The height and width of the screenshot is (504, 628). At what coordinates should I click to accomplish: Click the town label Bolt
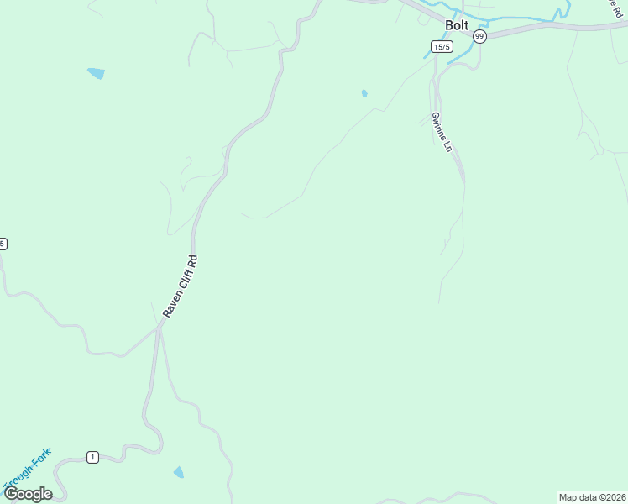(457, 25)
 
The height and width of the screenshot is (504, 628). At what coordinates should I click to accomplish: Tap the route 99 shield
(479, 36)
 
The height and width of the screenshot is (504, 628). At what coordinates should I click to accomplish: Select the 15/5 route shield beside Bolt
(442, 47)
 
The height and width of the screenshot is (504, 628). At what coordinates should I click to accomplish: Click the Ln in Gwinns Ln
(448, 145)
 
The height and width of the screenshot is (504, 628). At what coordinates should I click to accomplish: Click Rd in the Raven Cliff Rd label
(194, 260)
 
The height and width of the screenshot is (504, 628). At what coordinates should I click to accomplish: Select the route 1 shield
(92, 457)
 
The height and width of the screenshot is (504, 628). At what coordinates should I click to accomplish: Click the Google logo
(28, 493)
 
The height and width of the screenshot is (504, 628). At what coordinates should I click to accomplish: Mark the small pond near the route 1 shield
(178, 472)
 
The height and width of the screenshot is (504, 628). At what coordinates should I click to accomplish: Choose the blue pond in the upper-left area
(96, 73)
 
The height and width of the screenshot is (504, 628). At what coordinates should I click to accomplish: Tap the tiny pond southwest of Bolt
(364, 93)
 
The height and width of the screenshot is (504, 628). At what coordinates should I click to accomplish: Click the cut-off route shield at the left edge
(3, 244)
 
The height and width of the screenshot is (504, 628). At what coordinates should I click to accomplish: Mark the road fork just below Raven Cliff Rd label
(158, 328)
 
